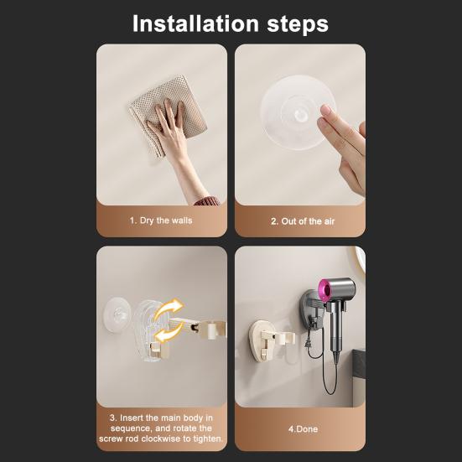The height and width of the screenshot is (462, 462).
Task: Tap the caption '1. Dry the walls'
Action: (161, 221)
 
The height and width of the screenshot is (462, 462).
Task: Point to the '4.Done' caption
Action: (303, 429)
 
